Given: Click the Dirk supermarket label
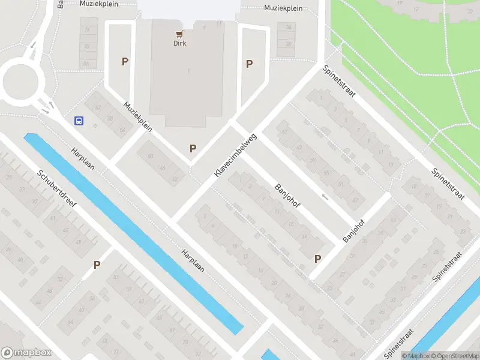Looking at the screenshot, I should point(180,43).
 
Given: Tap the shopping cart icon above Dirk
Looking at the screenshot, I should point(179,34).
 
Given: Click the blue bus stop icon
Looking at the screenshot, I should point(79,121).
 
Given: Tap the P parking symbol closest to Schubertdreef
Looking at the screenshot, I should point(97,265).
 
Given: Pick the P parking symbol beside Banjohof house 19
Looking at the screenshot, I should point(317,259).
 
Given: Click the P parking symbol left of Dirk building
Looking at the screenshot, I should point(125,61).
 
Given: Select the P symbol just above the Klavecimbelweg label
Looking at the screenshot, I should point(193,148).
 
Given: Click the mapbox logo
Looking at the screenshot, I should point(26,352).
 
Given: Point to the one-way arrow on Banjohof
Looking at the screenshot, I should point(325,197).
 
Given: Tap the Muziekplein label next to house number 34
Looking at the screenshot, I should point(283,8).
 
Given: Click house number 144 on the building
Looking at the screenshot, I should point(161,168).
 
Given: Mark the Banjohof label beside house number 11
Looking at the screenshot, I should point(287,195).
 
